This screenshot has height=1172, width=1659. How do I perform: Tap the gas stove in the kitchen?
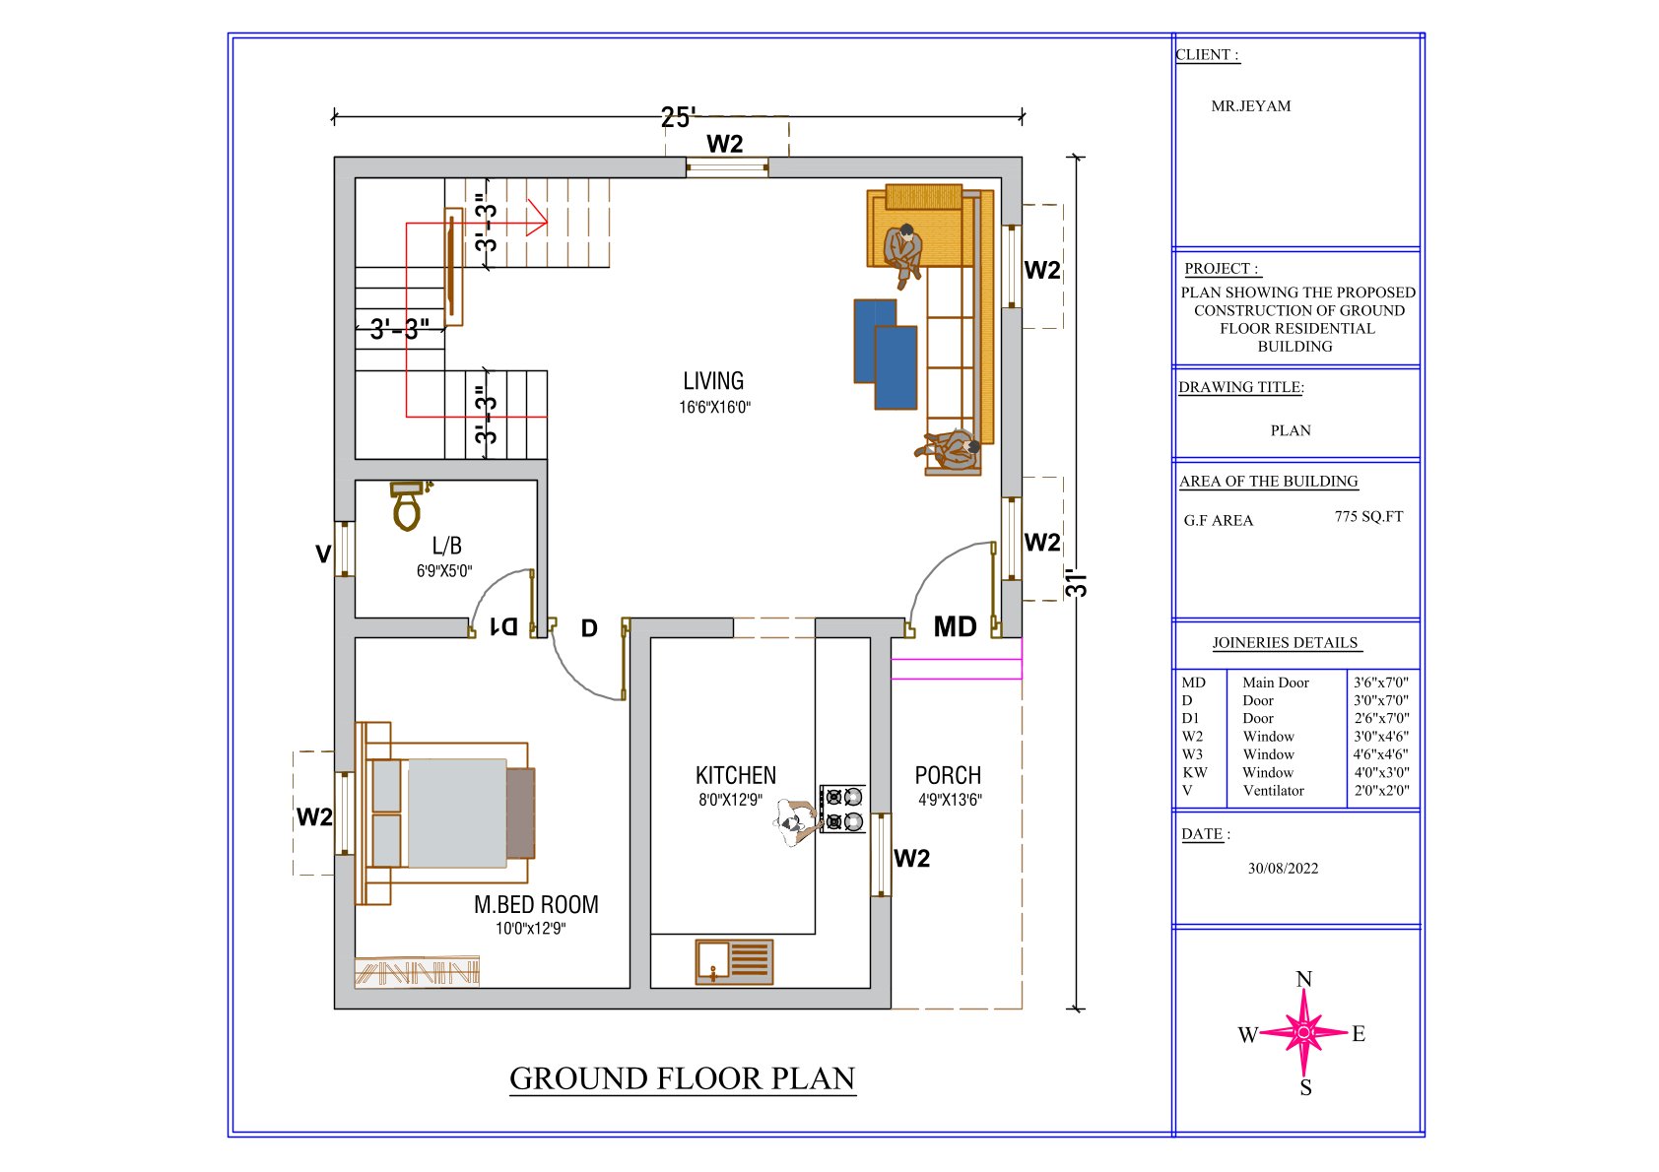click(x=843, y=809)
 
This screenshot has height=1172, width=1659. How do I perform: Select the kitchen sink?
click(x=734, y=962)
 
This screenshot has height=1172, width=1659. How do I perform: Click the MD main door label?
click(x=955, y=627)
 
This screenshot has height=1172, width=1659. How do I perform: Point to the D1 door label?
click(x=504, y=627)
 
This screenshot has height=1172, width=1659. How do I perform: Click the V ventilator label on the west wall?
click(x=323, y=553)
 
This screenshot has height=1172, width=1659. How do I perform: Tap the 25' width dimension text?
click(x=677, y=117)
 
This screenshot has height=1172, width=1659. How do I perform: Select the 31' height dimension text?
click(x=1078, y=584)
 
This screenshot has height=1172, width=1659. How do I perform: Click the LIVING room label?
click(x=713, y=380)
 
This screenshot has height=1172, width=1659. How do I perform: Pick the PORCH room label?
click(x=948, y=775)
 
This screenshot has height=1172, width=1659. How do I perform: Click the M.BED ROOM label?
click(x=536, y=904)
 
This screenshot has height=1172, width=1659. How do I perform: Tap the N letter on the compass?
click(x=1304, y=979)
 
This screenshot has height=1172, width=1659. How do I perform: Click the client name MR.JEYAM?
click(x=1251, y=105)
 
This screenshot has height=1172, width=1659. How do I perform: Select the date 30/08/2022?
click(x=1283, y=868)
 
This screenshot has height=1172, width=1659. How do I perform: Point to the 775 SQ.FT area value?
click(x=1368, y=517)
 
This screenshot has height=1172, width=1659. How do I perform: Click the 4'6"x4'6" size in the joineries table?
click(x=1380, y=754)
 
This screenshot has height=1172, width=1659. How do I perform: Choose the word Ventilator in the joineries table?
click(x=1273, y=790)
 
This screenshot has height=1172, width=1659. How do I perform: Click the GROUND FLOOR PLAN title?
click(x=682, y=1078)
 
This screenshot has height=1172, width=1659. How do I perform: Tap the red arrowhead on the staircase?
click(x=539, y=218)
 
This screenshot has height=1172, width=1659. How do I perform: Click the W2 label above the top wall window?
click(x=724, y=144)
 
